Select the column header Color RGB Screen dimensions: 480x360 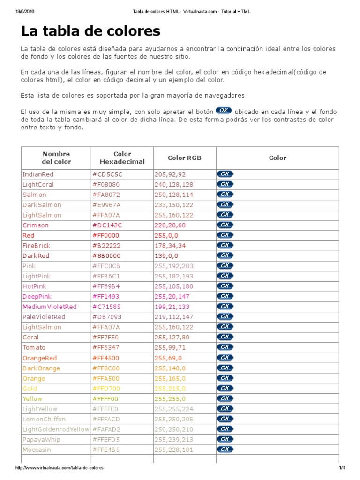(184, 157)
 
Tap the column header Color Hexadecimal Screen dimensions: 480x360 (122, 157)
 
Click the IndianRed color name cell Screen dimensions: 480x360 (38, 174)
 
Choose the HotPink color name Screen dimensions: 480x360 (34, 286)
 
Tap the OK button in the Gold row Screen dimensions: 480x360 (225, 388)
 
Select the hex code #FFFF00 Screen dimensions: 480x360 (105, 398)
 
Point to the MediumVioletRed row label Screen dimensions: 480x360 (49, 307)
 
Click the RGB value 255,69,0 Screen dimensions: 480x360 (169, 358)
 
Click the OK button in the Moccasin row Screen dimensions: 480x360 (225, 449)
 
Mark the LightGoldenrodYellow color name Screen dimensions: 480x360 (55, 429)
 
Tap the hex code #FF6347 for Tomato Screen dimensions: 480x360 (105, 347)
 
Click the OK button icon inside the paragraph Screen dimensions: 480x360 (224, 111)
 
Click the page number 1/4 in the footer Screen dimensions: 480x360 (342, 468)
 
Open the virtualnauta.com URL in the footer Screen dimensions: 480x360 (60, 468)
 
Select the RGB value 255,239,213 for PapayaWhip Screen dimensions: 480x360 (173, 439)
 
